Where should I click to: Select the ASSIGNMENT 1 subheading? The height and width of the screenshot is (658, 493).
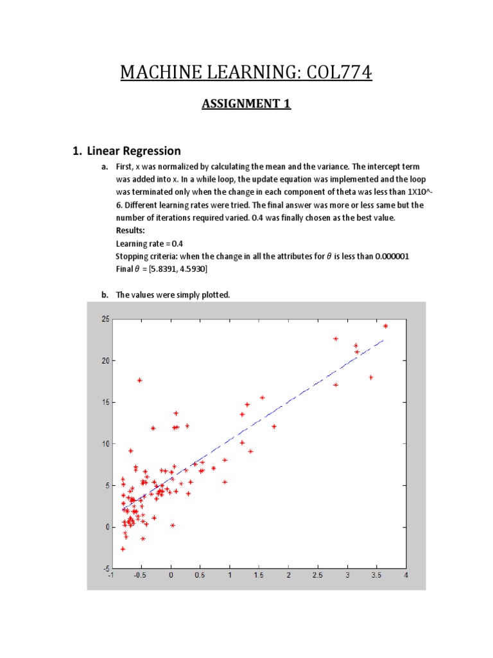tap(246, 103)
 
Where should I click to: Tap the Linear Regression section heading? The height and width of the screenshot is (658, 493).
tap(134, 151)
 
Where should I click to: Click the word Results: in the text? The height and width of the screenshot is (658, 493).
tap(130, 230)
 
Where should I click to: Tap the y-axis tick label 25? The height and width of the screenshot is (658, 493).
tap(105, 319)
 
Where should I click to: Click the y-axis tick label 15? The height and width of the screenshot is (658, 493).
tap(105, 402)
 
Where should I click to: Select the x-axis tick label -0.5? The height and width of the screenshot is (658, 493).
tap(139, 576)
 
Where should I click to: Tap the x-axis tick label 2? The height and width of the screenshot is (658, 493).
tap(288, 576)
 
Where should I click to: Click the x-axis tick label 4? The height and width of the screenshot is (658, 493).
tap(406, 576)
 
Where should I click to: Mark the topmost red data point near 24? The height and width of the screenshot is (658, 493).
tap(385, 326)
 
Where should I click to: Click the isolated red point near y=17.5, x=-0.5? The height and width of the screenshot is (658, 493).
tap(139, 380)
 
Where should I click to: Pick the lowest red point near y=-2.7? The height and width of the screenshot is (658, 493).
tap(123, 549)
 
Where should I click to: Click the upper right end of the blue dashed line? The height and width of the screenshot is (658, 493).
tap(383, 341)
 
